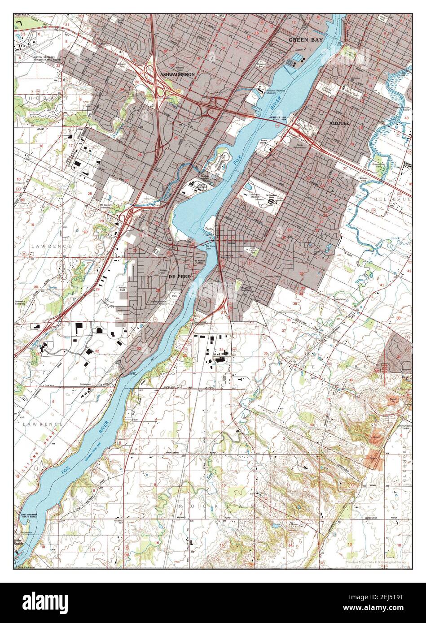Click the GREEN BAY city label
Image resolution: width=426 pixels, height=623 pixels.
click(x=303, y=40)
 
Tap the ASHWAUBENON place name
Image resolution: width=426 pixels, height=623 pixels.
click(x=178, y=75)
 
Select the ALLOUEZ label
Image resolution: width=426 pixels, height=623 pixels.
click(x=339, y=122)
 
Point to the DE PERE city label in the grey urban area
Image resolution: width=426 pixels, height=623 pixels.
click(x=180, y=277)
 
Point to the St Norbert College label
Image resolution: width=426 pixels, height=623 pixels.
click(x=199, y=263)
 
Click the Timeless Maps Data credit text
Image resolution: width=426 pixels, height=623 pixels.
click(x=378, y=562)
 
